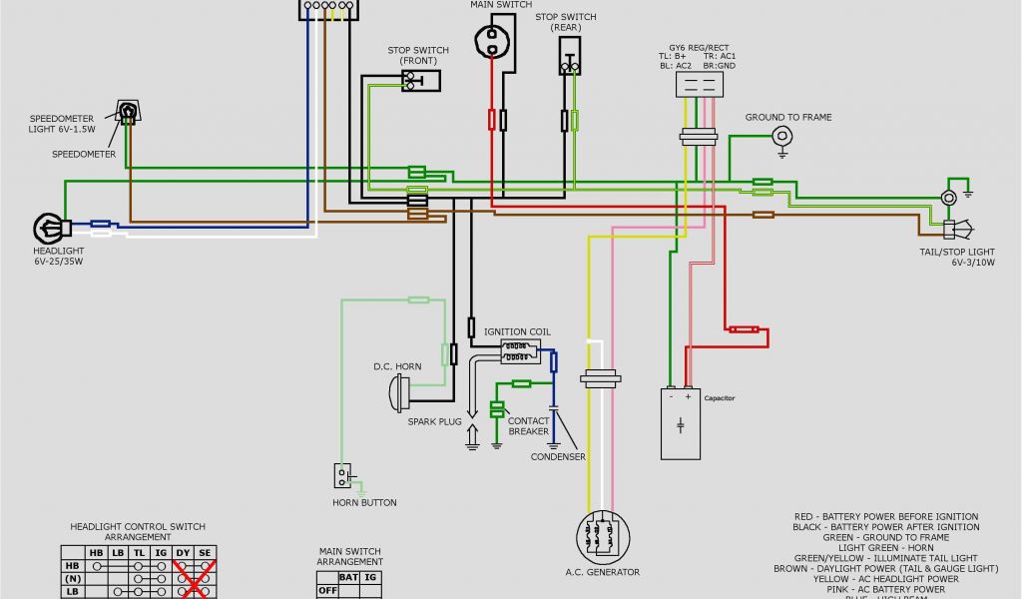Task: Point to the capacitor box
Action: pyautogui.click(x=682, y=423)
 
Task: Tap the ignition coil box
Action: pyautogui.click(x=519, y=350)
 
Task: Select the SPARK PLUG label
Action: pyautogui.click(x=434, y=421)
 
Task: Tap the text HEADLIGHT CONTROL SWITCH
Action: pyautogui.click(x=138, y=526)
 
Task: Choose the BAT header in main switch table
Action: pyautogui.click(x=348, y=576)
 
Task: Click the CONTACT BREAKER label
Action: pyautogui.click(x=529, y=425)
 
